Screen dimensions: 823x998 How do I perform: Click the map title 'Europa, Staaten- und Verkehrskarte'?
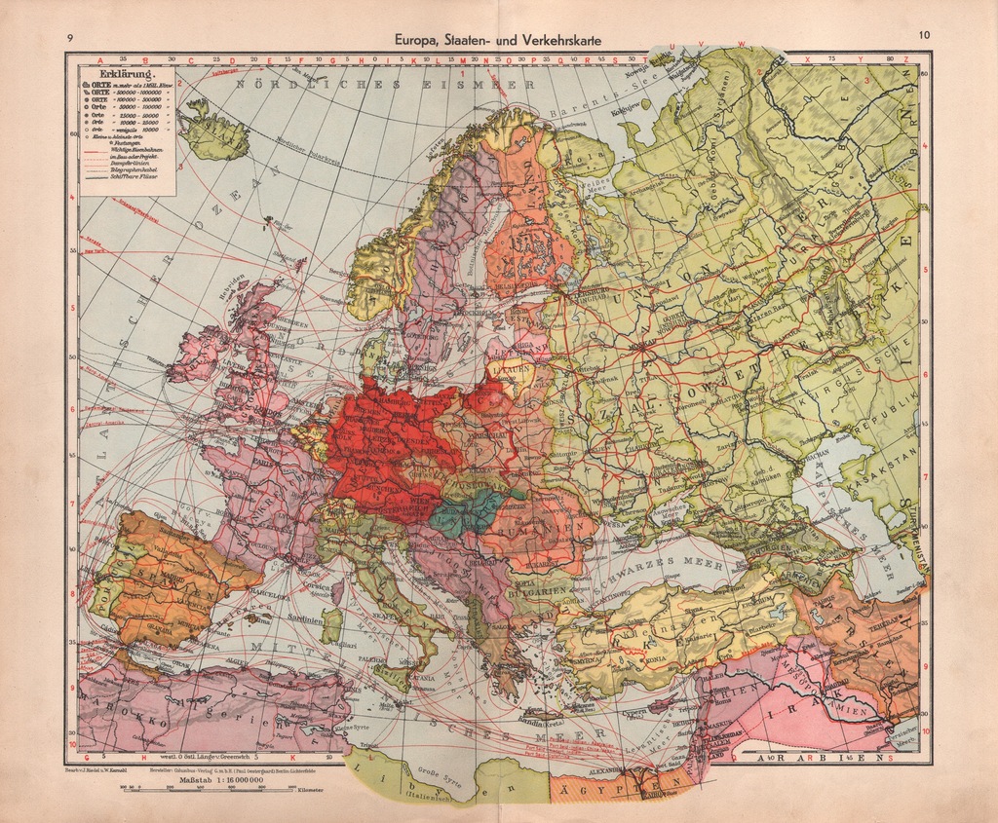pyautogui.click(x=498, y=40)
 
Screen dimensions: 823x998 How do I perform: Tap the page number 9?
pyautogui.click(x=70, y=39)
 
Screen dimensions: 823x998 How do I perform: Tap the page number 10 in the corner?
pyautogui.click(x=923, y=37)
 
